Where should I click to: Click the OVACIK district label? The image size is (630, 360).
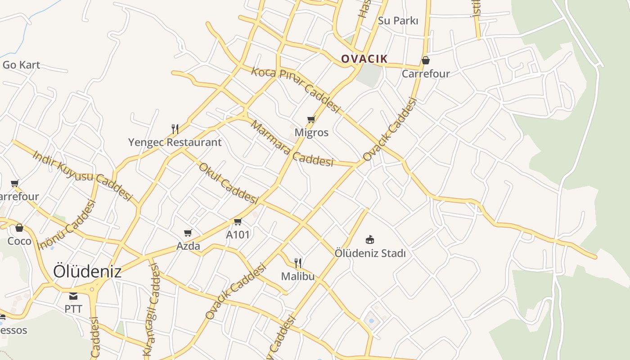364,59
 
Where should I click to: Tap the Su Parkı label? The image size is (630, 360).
398,21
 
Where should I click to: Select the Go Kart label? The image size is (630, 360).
21,65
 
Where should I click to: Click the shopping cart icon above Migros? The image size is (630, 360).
311,119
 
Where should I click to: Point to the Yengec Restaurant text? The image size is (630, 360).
175,143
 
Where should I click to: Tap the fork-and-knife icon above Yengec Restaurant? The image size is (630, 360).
175,129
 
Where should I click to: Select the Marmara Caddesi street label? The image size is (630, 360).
292,144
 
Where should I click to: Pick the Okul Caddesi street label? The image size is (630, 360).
228,183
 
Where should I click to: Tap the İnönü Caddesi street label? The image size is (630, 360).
67,225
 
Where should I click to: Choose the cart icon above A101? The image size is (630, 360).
238,221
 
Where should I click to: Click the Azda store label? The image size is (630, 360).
188,246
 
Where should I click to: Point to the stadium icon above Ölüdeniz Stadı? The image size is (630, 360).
370,239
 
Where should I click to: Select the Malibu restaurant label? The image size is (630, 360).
297,276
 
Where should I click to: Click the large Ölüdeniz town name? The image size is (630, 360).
87,271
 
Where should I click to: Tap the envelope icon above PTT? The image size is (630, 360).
73,296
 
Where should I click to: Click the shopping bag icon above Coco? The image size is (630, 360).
19,228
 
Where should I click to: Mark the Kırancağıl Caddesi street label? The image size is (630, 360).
152,310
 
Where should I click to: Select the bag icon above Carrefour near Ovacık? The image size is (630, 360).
425,60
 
